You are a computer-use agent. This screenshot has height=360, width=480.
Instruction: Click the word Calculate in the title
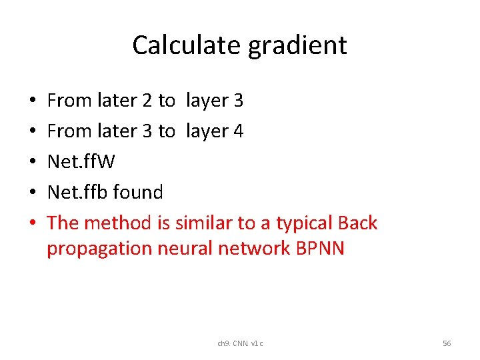187,45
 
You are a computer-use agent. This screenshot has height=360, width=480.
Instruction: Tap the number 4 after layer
239,131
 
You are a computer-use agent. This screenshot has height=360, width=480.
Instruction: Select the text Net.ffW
81,162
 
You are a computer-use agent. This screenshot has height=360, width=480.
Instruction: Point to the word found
138,193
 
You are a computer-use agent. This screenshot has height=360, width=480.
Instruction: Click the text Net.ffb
77,193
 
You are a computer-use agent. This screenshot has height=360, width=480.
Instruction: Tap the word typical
304,223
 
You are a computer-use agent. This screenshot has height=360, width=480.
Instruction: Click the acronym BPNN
318,248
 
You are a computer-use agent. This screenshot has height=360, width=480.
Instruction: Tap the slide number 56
447,343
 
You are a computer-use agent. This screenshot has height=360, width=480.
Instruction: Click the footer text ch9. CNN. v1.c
240,343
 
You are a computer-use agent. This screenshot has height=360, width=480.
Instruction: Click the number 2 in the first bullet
147,101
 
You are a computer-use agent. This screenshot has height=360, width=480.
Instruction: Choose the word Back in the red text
357,223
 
